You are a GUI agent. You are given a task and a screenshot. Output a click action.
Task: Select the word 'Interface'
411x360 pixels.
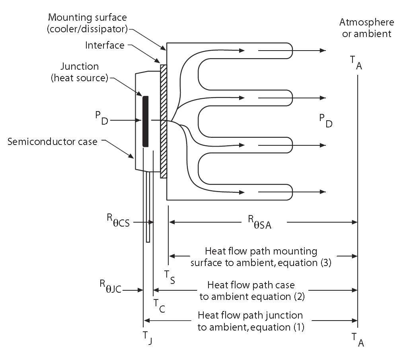click(105, 45)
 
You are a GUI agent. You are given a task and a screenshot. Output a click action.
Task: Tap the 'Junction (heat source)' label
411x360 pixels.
click(80, 72)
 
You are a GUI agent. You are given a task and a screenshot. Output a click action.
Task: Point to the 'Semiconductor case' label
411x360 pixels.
click(52, 141)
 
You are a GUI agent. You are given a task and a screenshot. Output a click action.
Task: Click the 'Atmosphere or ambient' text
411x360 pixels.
click(366, 27)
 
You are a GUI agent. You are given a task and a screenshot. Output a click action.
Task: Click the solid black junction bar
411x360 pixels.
click(145, 121)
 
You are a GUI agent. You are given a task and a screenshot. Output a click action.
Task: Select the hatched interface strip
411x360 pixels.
click(163, 121)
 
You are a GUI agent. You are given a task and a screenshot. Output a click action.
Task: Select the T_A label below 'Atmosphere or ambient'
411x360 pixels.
click(356, 62)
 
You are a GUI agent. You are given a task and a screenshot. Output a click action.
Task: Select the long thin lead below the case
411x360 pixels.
click(148, 207)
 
